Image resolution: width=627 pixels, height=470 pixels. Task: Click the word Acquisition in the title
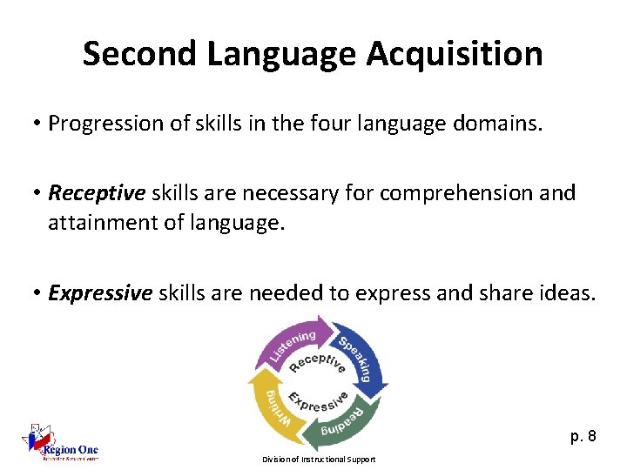455,54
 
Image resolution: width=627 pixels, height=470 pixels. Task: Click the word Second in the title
141,54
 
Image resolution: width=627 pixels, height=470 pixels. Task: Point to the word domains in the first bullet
503,124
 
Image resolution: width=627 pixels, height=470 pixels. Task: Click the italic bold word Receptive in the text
97,192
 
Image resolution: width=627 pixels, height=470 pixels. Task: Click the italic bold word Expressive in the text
100,292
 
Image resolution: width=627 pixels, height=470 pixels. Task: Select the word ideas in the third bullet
567,292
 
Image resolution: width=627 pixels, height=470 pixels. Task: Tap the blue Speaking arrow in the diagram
359,356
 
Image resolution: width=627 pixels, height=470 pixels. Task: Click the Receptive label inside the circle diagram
317,362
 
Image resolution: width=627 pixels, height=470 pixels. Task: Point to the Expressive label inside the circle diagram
319,401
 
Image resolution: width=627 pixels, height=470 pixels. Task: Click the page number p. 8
583,436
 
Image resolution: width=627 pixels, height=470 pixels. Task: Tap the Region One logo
61,443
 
